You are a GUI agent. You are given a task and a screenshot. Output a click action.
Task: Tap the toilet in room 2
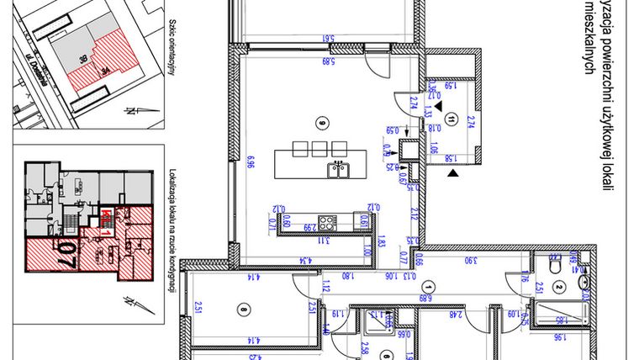(554, 265)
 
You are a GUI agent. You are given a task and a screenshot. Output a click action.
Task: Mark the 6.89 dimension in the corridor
(425, 296)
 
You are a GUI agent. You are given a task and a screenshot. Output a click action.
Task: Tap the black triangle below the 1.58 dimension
(454, 173)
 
